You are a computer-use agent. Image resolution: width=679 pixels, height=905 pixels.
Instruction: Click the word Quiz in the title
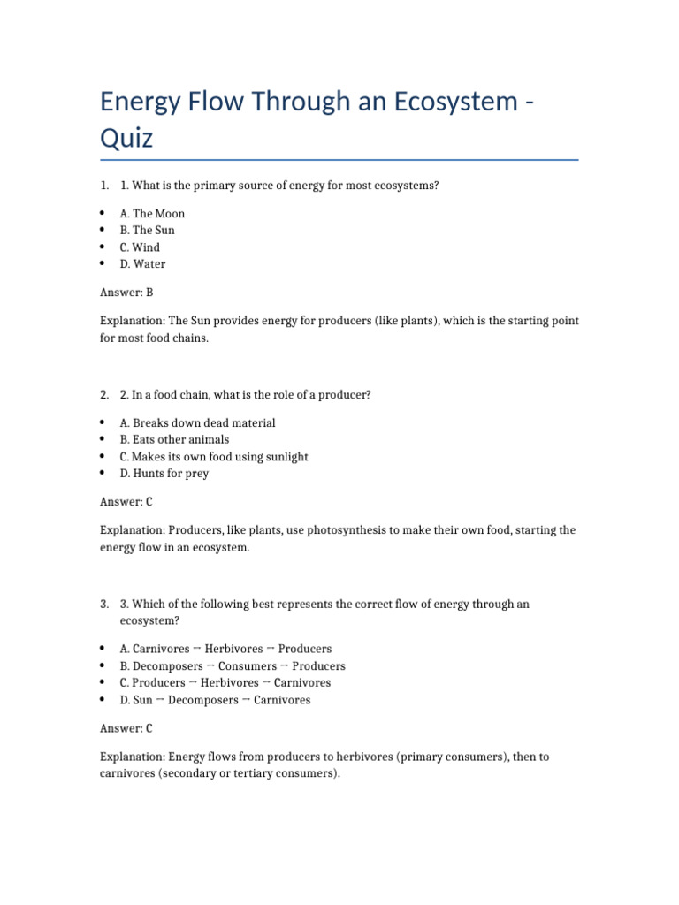126,138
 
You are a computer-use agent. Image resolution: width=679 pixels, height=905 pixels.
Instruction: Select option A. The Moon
152,214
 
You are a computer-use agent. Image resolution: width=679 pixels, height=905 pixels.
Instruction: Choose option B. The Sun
147,231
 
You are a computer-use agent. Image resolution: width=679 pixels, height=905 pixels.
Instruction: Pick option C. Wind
140,247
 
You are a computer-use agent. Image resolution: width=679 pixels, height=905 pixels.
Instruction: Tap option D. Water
142,264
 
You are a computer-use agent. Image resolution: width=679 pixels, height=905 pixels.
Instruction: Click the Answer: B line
127,292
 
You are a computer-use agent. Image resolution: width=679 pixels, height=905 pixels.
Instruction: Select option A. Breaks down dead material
197,423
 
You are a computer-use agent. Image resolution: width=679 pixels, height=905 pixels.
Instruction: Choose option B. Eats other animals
174,440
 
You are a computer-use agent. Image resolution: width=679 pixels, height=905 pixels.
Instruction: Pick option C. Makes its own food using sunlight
214,457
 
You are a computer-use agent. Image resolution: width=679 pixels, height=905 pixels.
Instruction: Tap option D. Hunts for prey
164,474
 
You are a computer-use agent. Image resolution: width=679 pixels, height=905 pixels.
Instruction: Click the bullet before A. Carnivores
103,649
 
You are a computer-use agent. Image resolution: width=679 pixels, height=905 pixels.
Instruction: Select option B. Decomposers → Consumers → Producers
233,666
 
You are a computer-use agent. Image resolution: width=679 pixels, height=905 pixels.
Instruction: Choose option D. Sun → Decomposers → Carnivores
215,700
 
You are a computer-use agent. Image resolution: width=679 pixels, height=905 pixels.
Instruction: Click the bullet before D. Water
103,264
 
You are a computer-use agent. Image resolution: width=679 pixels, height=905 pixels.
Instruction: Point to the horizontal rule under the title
339,160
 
